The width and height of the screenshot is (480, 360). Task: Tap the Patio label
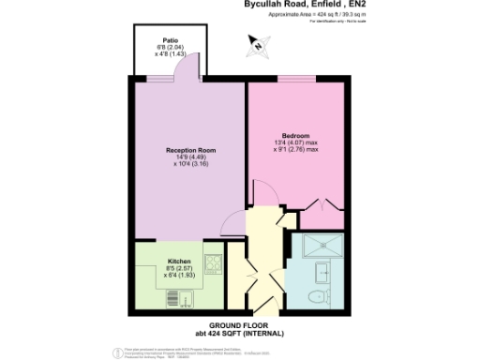[x=170, y=40]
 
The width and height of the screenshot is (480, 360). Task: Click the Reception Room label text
[x=190, y=150]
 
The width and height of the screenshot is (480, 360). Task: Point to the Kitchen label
[x=179, y=260]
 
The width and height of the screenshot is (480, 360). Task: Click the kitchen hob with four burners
[x=212, y=263]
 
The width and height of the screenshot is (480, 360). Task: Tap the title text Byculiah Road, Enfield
[x=282, y=5]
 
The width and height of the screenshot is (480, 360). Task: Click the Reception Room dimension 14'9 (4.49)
[x=191, y=157]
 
